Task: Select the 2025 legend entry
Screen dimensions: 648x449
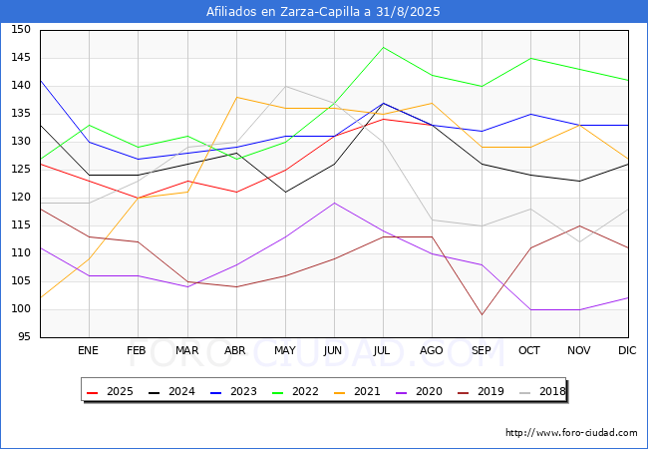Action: point(111,391)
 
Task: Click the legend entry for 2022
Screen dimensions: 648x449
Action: point(295,391)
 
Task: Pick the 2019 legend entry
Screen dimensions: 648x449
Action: point(482,391)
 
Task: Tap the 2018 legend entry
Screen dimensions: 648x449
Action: point(542,391)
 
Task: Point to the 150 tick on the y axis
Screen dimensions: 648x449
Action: point(21,29)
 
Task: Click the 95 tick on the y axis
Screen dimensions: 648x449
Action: point(24,337)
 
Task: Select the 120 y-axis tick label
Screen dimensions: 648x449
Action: point(21,198)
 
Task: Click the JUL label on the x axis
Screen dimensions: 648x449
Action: point(381,350)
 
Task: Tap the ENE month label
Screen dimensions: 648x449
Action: point(88,350)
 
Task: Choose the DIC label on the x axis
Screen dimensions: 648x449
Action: point(627,350)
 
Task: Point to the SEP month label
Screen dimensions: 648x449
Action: point(482,350)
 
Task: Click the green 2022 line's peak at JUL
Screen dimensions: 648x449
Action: point(384,47)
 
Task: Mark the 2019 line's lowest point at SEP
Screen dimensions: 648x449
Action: point(482,315)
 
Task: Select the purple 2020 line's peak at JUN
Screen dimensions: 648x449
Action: point(334,203)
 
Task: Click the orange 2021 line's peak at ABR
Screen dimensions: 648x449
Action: point(236,97)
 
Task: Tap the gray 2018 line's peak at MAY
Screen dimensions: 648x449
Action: point(285,87)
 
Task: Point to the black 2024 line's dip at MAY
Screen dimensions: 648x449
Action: point(285,192)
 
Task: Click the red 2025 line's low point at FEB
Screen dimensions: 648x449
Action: point(138,198)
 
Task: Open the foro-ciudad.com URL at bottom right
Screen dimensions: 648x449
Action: point(571,433)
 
